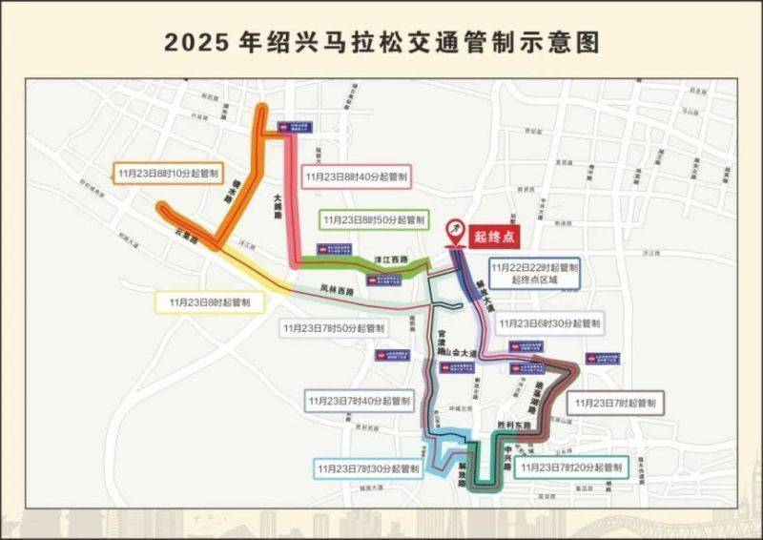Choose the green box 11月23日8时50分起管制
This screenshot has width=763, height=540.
point(373,219)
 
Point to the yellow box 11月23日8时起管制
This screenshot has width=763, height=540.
point(210,302)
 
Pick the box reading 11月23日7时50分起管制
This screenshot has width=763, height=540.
point(334,328)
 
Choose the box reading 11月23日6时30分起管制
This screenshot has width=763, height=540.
point(549,323)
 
